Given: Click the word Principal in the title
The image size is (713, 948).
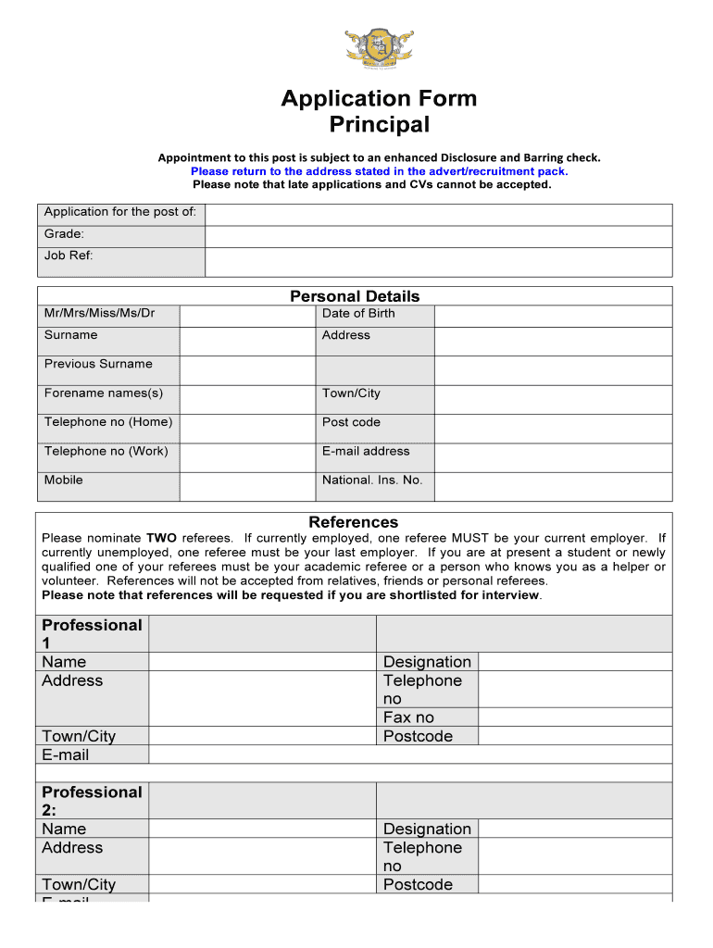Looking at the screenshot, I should [x=380, y=125].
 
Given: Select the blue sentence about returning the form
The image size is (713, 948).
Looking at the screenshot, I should [x=379, y=171].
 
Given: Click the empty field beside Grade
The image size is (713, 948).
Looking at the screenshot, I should [x=438, y=237].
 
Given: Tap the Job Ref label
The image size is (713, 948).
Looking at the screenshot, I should [x=69, y=256].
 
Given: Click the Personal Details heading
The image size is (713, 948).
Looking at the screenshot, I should [x=355, y=296].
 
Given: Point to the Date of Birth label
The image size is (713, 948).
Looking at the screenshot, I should [x=358, y=313].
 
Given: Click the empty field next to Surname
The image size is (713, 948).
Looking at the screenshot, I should [x=246, y=341].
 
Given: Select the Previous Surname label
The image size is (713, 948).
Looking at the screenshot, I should [x=98, y=364].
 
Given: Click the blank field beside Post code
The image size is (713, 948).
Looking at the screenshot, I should [x=553, y=429].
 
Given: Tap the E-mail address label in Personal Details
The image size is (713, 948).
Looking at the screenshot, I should [x=366, y=451].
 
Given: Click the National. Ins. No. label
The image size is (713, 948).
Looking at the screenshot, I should [x=372, y=480].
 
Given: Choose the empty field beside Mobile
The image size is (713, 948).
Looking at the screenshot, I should [x=246, y=486].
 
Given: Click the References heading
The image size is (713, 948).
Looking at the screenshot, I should [x=354, y=522].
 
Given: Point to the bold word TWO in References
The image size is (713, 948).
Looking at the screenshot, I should [x=162, y=538].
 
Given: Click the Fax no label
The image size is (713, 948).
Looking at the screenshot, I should [x=408, y=717].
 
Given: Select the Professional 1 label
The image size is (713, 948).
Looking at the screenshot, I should [x=92, y=634].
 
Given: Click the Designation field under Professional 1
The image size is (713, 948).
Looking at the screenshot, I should [x=574, y=662].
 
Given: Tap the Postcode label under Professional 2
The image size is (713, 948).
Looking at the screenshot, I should [x=418, y=884].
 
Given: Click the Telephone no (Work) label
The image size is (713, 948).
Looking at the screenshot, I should [x=106, y=451].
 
